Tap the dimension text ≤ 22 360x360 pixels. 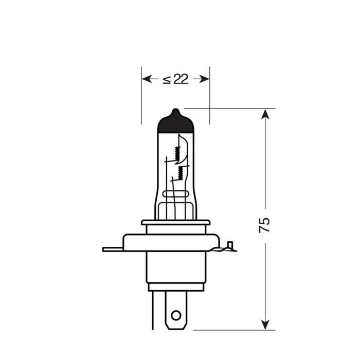coord(175,79)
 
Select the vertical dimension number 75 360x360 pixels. coord(264,225)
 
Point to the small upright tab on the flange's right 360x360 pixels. coord(230,245)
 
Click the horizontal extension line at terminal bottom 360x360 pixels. coord(226,330)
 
